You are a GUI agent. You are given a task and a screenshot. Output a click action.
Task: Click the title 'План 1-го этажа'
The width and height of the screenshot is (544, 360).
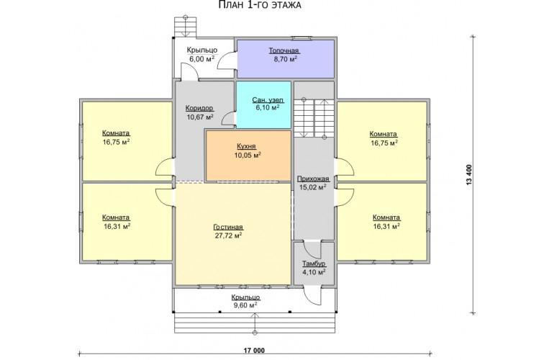click(x=260, y=5)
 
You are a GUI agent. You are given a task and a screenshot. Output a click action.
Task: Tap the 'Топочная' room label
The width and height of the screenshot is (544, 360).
click(x=284, y=50)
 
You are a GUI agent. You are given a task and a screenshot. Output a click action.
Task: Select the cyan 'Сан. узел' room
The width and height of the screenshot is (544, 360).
click(x=263, y=105)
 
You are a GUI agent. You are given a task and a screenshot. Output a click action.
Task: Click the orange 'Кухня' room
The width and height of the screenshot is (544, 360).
click(x=248, y=156)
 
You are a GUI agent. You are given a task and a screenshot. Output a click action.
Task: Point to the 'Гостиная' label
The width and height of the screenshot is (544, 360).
click(x=228, y=227)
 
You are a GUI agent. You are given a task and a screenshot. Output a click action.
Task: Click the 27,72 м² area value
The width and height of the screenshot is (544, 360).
click(x=228, y=236)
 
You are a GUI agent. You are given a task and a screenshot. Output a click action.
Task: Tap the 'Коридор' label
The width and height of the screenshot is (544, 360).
click(x=199, y=108)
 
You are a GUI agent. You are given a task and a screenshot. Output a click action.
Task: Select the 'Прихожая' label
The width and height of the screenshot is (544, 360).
click(x=313, y=179)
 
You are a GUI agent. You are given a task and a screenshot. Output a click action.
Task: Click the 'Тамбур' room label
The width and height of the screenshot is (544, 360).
click(x=314, y=264)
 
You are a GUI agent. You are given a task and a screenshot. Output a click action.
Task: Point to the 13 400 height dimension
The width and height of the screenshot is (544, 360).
click(x=470, y=174)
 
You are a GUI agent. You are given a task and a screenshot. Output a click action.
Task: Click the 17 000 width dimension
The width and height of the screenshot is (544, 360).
click(x=254, y=351)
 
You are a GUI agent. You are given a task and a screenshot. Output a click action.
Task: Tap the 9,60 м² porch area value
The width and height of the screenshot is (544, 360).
click(x=245, y=305)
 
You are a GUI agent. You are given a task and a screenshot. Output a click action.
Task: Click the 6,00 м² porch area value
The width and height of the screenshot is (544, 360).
click(x=201, y=58)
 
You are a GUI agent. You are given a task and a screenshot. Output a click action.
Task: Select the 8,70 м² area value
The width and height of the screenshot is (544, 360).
click(x=285, y=59)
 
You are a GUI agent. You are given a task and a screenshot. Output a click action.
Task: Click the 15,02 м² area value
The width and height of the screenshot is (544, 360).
click(x=312, y=188)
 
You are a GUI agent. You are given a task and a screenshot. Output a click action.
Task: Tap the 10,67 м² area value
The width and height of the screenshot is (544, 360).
click(x=200, y=117)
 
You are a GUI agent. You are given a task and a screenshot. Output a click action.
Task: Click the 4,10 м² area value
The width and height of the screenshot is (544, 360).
click(x=314, y=272)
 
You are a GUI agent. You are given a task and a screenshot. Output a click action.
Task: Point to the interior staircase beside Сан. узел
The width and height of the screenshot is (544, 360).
click(x=314, y=118)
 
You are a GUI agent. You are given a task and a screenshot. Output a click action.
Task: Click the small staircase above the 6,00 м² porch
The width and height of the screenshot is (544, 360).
click(x=185, y=25)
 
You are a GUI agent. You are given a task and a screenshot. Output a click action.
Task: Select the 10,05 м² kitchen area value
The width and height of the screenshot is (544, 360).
click(x=248, y=156)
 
